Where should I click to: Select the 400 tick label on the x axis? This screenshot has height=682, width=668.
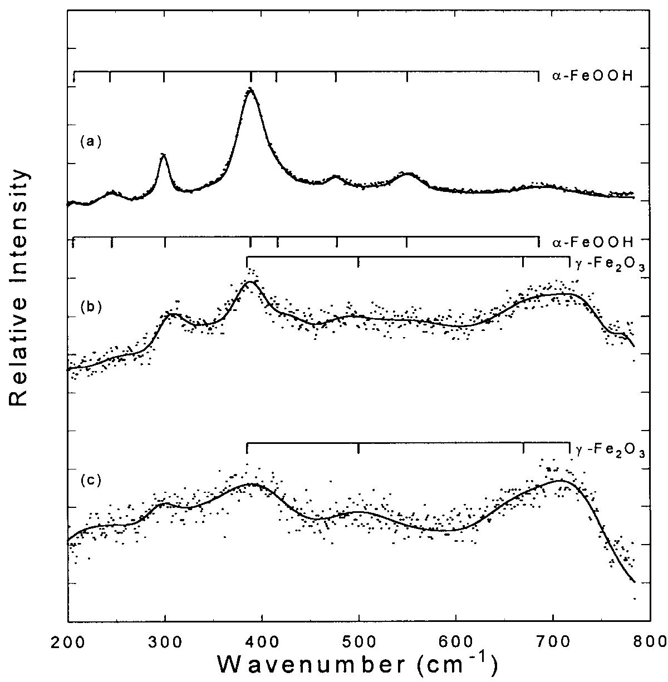tap(262, 640)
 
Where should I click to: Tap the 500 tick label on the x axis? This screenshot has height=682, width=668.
tap(359, 640)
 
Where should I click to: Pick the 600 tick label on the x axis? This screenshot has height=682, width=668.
tap(456, 640)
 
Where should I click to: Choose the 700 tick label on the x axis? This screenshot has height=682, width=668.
tap(553, 640)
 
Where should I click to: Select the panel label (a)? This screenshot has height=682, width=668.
tap(91, 142)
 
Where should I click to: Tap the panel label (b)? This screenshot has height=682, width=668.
tap(91, 306)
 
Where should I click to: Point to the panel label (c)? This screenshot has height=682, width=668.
tap(91, 480)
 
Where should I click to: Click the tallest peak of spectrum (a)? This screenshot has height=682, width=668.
tap(250, 88)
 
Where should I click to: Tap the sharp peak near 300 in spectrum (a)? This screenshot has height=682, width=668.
tap(164, 155)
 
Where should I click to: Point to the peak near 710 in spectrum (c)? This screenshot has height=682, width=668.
tap(560, 480)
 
